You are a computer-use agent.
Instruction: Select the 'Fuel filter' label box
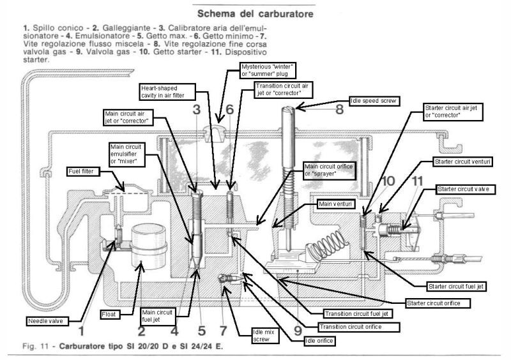(82, 171)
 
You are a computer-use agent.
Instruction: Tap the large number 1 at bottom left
(81, 331)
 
